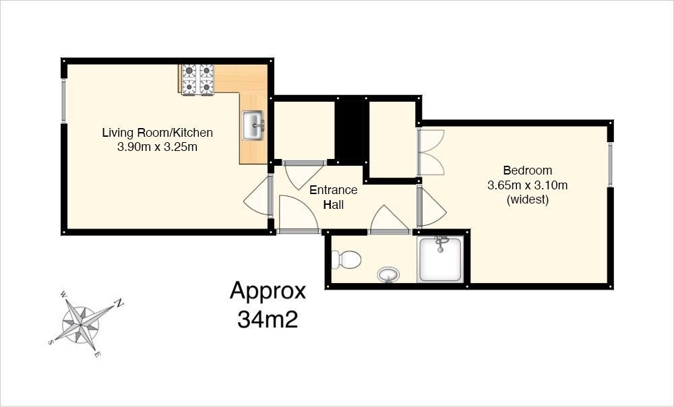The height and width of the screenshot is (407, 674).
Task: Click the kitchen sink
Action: click(253, 125)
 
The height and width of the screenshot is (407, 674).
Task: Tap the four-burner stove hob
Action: click(197, 79)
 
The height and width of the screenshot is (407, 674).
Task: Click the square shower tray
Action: click(440, 259)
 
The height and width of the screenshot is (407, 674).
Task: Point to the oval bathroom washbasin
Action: click(388, 274)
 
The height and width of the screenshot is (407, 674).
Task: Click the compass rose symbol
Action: click(81, 323)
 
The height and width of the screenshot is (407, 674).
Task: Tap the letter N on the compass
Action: click(119, 303)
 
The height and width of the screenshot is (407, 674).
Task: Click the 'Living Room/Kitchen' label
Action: click(157, 132)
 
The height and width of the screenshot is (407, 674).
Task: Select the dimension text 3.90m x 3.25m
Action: click(157, 146)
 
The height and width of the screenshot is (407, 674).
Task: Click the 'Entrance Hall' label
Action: click(334, 197)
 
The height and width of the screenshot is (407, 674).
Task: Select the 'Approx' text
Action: click(268, 291)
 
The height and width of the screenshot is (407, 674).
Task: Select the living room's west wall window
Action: click(64, 101)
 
